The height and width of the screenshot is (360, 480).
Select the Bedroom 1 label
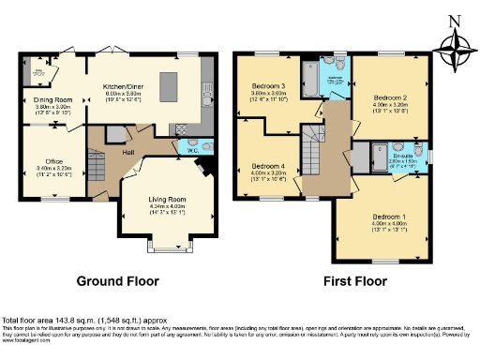[x=386, y=217]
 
